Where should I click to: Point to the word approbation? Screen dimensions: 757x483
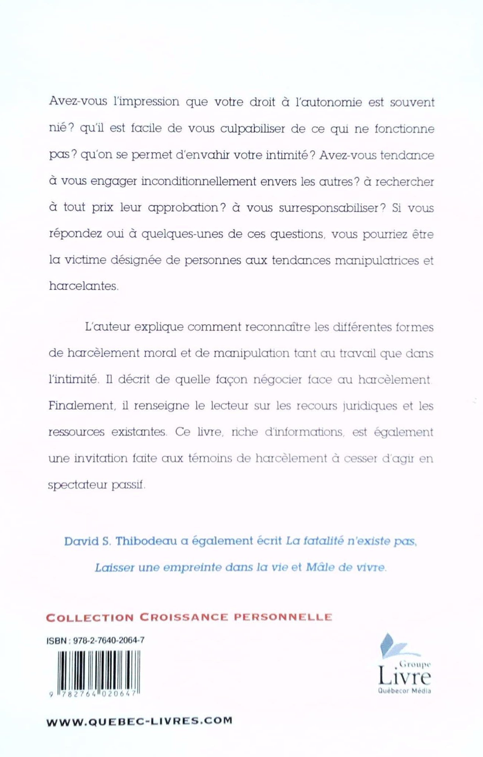click(x=183, y=208)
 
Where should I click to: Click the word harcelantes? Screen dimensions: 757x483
click(x=84, y=286)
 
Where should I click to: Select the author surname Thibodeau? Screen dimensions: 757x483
click(x=146, y=541)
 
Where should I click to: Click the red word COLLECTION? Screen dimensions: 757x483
click(x=90, y=617)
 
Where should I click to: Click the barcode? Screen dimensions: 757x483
click(x=95, y=672)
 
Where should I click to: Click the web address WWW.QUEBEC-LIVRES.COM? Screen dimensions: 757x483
click(x=139, y=721)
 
